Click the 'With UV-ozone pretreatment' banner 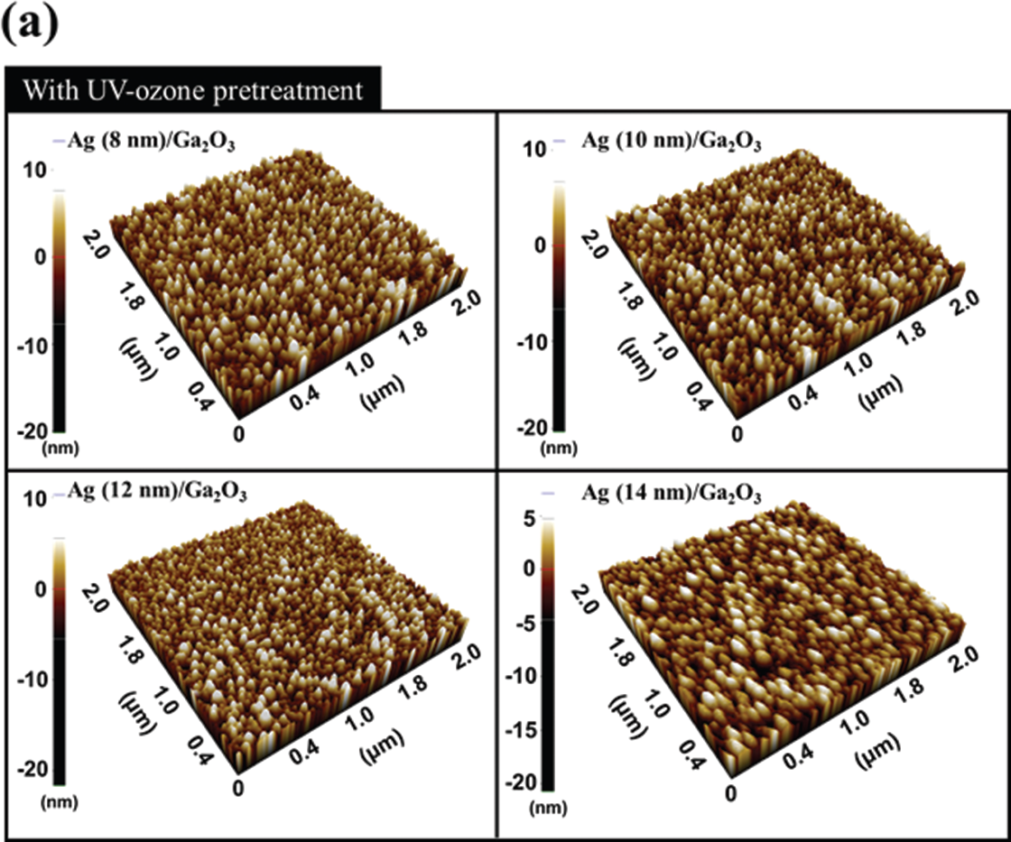(x=194, y=90)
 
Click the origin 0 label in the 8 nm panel (x=238, y=434)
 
